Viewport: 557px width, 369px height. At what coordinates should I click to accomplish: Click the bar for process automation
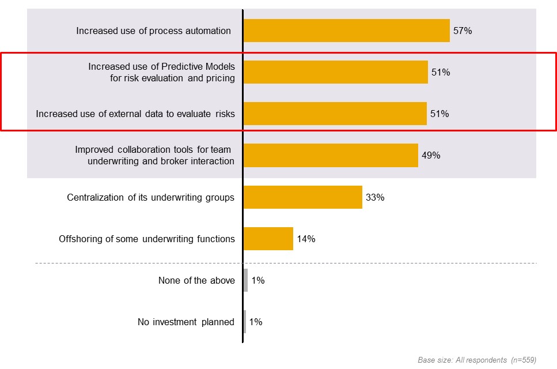(x=346, y=31)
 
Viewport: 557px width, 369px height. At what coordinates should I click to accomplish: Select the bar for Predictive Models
(x=335, y=72)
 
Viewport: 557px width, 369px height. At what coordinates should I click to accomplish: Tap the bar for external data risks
(x=335, y=114)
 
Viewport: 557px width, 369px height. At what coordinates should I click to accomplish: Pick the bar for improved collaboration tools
(x=331, y=155)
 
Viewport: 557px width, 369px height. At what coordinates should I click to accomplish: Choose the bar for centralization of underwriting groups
(x=303, y=197)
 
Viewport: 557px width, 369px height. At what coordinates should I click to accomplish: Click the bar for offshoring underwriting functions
(x=268, y=239)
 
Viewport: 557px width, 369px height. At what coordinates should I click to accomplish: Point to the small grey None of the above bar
(x=246, y=280)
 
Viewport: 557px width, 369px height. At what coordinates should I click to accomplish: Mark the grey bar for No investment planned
(x=245, y=322)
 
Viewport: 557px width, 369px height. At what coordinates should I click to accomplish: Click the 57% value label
(x=463, y=31)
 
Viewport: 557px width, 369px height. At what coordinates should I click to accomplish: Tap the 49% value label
(x=431, y=156)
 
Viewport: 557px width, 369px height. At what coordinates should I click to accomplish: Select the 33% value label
(x=375, y=197)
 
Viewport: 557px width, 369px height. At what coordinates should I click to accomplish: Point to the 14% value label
(x=306, y=239)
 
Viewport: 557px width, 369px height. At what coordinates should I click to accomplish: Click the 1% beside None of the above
(x=257, y=281)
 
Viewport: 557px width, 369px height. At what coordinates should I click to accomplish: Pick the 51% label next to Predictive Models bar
(x=441, y=73)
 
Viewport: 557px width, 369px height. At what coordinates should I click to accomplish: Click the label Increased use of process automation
(x=153, y=31)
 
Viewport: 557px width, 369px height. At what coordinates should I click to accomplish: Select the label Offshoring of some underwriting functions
(x=147, y=239)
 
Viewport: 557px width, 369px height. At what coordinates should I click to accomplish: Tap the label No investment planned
(x=186, y=322)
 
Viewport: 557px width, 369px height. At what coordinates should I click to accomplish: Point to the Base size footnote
(x=477, y=360)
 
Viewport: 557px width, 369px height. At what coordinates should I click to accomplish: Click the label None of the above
(x=196, y=281)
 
